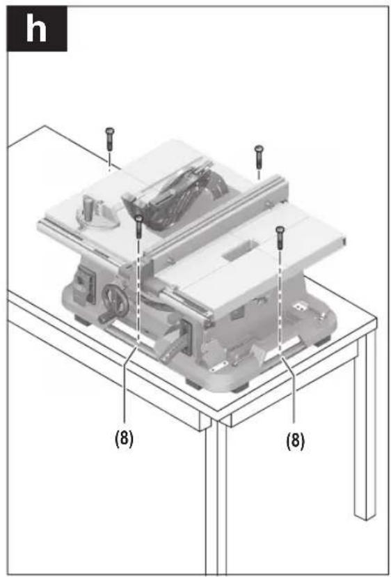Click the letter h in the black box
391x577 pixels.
[36, 29]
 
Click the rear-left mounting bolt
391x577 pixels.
[109, 139]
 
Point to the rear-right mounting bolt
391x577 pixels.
[259, 156]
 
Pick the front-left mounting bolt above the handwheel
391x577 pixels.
[139, 226]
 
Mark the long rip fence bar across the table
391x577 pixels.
[217, 221]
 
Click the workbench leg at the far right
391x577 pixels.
[364, 423]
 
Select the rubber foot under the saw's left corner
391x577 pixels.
[82, 319]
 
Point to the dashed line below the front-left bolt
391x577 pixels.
[139, 291]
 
